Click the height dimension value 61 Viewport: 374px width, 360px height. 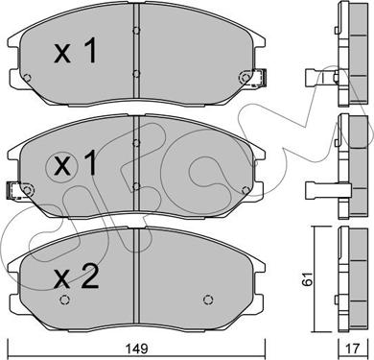click(x=308, y=278)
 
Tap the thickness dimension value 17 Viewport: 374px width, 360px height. click(x=353, y=348)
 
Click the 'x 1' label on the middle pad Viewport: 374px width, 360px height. click(x=76, y=163)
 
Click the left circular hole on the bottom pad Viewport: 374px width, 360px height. click(x=64, y=300)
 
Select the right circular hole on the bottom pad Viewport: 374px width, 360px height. click(x=208, y=300)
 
